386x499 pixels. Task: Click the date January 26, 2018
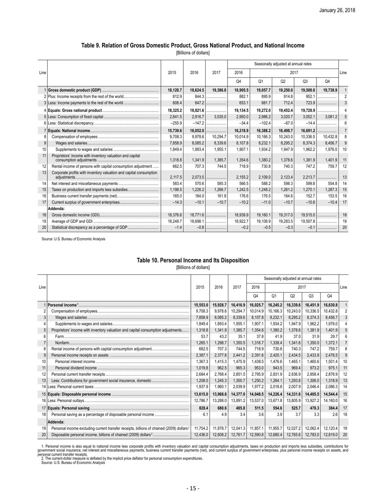coord(358,10)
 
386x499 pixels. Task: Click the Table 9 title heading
coord(193,45)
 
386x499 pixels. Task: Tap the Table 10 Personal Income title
coord(193,260)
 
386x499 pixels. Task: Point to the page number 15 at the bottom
coord(193,488)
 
